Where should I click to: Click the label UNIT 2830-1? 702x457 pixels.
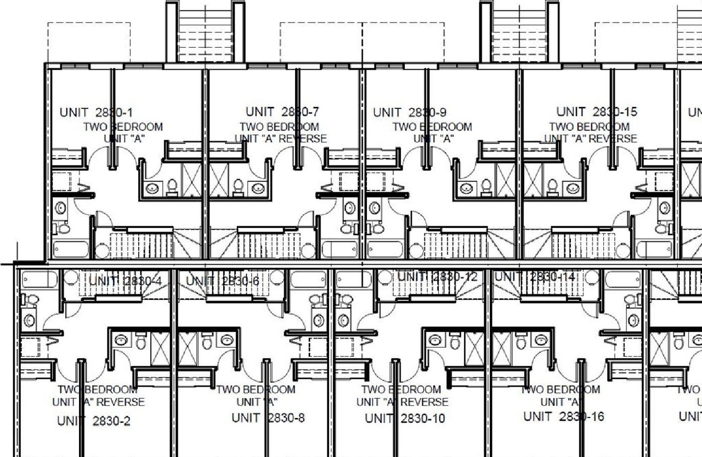[x=96, y=113]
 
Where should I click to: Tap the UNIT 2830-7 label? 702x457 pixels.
[x=282, y=112]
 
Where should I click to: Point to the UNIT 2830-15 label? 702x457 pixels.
[x=597, y=112]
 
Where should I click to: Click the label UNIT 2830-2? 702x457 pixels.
[x=94, y=421]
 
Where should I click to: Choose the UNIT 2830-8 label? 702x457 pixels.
[x=268, y=418]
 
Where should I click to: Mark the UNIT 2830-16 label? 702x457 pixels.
[x=564, y=416]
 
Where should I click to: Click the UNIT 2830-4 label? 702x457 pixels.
[x=125, y=281]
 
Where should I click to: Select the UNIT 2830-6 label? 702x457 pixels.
[x=222, y=281]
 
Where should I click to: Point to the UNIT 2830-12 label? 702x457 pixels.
[x=437, y=277]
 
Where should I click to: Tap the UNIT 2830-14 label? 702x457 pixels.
[x=535, y=277]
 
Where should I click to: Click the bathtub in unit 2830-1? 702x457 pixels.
[x=71, y=249]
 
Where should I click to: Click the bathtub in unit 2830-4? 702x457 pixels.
[x=39, y=280]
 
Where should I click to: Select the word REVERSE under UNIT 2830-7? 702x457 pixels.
[x=303, y=139]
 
